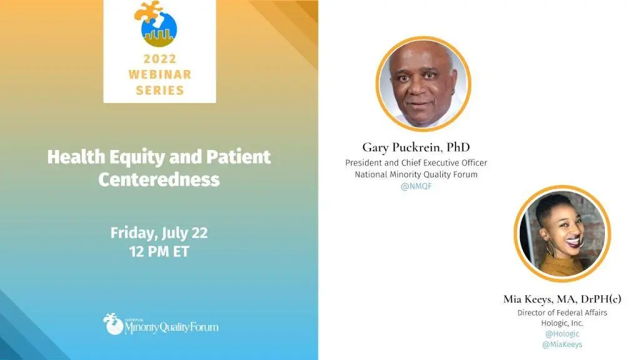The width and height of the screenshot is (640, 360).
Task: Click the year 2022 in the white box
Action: point(159,59)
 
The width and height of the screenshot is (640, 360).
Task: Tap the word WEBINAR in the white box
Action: point(159,74)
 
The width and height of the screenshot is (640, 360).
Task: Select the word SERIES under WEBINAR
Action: point(159,90)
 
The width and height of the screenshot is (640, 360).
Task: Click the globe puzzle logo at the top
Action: point(156,24)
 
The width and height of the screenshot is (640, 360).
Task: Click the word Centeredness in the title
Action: point(159,179)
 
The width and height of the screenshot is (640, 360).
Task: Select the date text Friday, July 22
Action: point(159,233)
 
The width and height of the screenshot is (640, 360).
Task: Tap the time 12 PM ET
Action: point(159,251)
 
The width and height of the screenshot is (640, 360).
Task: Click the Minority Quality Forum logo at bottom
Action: point(161,324)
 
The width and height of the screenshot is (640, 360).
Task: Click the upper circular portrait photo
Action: point(423,84)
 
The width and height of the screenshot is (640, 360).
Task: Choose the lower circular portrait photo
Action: point(562,234)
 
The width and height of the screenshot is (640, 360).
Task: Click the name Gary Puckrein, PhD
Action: point(416,147)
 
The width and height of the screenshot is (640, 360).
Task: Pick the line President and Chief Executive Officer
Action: point(416,163)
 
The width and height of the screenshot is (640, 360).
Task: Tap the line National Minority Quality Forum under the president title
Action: point(416,175)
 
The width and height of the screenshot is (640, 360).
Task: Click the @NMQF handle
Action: point(416,186)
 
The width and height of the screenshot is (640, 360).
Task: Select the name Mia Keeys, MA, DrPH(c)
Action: point(562,299)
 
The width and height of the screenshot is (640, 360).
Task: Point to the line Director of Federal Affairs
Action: point(562,312)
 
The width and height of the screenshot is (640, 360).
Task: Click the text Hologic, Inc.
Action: point(562,323)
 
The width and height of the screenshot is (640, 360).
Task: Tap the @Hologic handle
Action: point(562,334)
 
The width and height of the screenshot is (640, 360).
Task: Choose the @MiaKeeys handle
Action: point(562,344)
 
